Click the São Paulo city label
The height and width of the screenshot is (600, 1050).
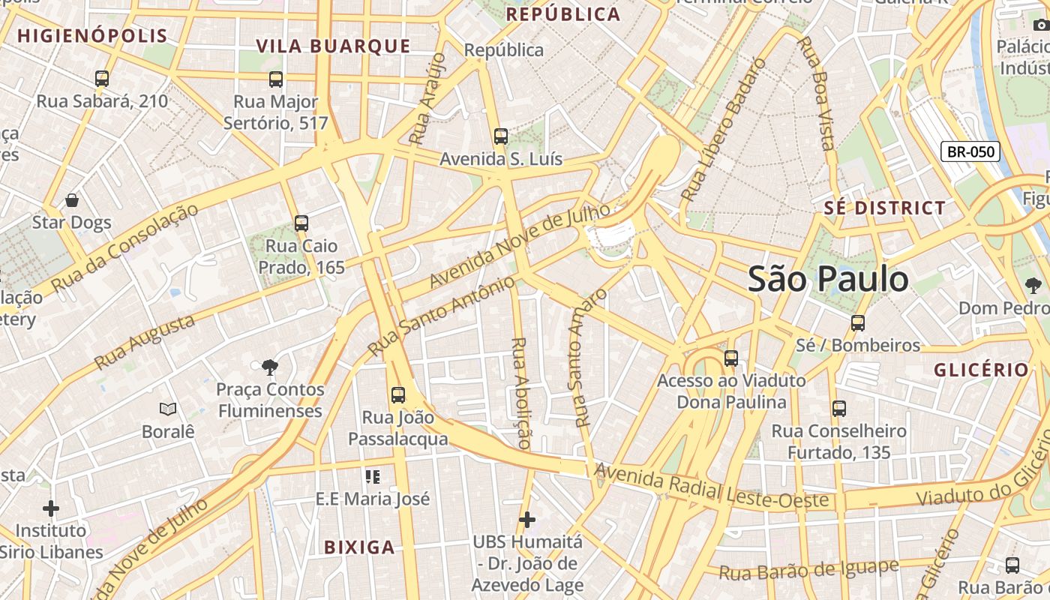tap(828, 279)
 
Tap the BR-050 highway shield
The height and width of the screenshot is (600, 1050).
tap(970, 151)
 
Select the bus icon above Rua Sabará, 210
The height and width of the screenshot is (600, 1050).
tap(102, 78)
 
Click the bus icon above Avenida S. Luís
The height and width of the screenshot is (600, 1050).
tap(501, 136)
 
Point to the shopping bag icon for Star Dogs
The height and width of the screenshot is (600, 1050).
tap(72, 200)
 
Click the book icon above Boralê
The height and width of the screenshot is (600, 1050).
tap(168, 409)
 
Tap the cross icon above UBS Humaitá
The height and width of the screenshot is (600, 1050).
tap(527, 519)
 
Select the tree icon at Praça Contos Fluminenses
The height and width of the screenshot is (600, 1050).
tap(270, 367)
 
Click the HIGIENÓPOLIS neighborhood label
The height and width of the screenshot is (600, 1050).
tap(93, 36)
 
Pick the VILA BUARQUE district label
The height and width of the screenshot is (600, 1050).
tap(334, 46)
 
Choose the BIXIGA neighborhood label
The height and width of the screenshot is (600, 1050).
tap(359, 547)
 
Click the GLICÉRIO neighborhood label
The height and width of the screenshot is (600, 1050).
tap(981, 370)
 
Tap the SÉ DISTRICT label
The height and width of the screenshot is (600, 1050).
tap(885, 208)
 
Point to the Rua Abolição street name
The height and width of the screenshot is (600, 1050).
tap(520, 392)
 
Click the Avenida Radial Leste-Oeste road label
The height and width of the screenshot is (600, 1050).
tap(712, 486)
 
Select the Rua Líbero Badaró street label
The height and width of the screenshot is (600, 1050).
tap(724, 130)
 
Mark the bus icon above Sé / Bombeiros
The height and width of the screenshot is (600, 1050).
tap(858, 323)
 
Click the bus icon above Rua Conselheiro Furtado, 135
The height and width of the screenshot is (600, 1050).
tap(839, 409)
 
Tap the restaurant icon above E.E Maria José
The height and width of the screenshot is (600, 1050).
tap(373, 476)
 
